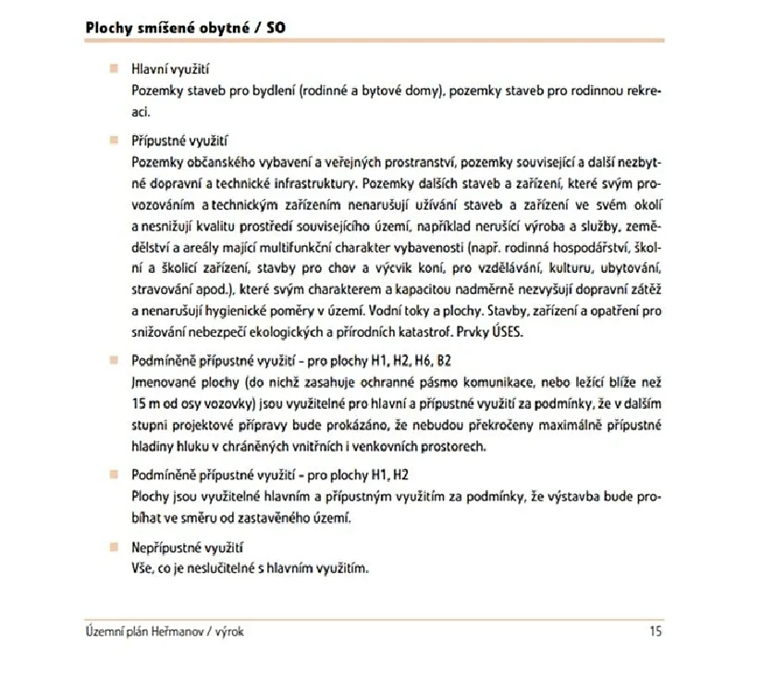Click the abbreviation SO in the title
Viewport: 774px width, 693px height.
point(276,27)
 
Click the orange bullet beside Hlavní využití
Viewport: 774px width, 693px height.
point(115,68)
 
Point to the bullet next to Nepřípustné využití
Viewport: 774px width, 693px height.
point(115,548)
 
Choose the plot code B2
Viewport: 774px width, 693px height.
point(443,360)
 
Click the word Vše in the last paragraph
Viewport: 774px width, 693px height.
point(144,567)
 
